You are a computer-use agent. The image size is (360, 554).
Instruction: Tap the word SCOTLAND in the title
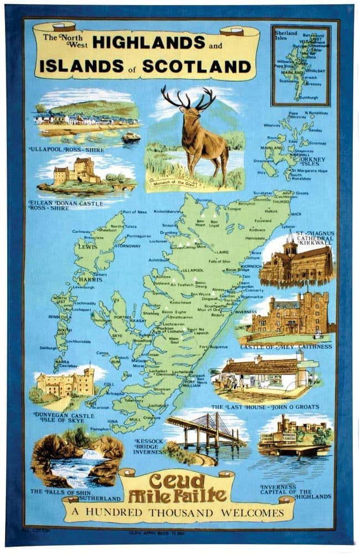[x=197, y=66]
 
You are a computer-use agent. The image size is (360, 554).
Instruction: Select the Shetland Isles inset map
[x=300, y=65]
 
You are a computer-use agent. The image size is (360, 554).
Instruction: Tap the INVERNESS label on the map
[x=245, y=311]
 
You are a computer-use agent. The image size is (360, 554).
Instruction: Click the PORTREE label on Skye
[x=121, y=317]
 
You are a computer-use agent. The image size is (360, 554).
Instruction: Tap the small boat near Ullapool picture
[x=131, y=138]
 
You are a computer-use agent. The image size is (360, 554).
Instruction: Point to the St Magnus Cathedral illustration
[x=296, y=264]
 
